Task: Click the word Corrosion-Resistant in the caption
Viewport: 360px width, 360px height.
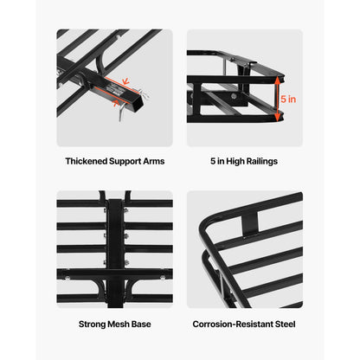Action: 233,323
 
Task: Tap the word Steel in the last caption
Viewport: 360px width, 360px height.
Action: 284,323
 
